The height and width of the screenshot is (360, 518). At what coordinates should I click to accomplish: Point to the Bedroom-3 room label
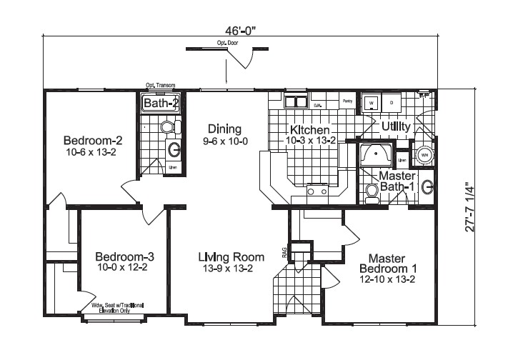pyautogui.click(x=124, y=261)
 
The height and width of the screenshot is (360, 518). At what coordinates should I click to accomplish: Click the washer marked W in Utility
pyautogui.click(x=372, y=103)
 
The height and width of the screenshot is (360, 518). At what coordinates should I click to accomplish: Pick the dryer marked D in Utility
pyautogui.click(x=391, y=103)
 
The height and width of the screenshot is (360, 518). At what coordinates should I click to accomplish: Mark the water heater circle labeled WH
pyautogui.click(x=424, y=154)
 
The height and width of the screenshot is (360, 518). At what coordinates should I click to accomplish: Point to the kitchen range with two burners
pyautogui.click(x=317, y=189)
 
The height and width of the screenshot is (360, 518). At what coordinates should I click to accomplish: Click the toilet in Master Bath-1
pyautogui.click(x=371, y=192)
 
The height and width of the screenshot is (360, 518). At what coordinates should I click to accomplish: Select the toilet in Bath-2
pyautogui.click(x=167, y=127)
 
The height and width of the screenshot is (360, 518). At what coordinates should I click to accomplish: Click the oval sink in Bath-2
pyautogui.click(x=173, y=149)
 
